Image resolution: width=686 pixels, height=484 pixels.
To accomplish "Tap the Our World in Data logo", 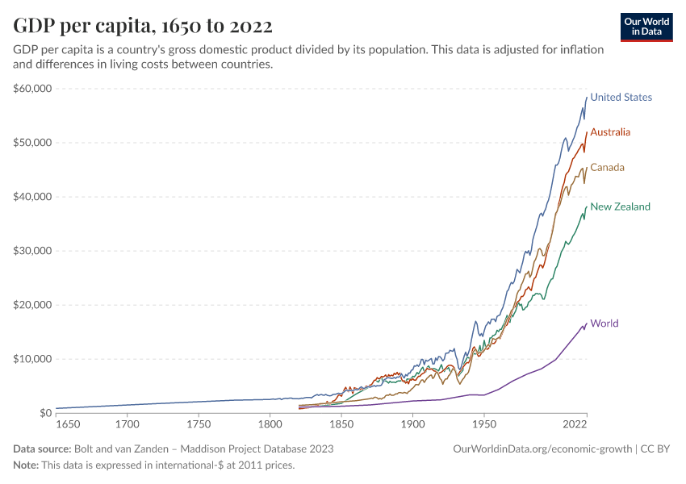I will [646, 27].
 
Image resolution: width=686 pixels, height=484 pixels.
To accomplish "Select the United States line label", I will [621, 98].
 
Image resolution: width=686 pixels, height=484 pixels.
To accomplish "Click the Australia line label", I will [610, 132].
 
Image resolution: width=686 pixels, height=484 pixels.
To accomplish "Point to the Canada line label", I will [607, 168].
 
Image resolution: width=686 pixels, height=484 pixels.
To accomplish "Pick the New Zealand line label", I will [620, 207].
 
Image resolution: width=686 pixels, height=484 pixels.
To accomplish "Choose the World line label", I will [604, 323].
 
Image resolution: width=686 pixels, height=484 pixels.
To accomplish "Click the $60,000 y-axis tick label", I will [32, 89].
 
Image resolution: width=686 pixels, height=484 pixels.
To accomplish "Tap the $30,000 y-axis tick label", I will [32, 251].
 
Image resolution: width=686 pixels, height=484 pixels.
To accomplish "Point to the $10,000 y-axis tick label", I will [32, 359].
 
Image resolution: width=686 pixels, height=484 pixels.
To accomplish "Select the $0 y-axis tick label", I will [44, 413].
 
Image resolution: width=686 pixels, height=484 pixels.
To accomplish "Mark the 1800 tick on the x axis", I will [270, 423].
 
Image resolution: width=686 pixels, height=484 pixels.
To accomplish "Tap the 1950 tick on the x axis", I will [483, 423].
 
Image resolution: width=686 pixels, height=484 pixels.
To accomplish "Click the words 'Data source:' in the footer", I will [41, 449].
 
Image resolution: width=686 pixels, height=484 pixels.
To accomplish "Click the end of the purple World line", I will [587, 323].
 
